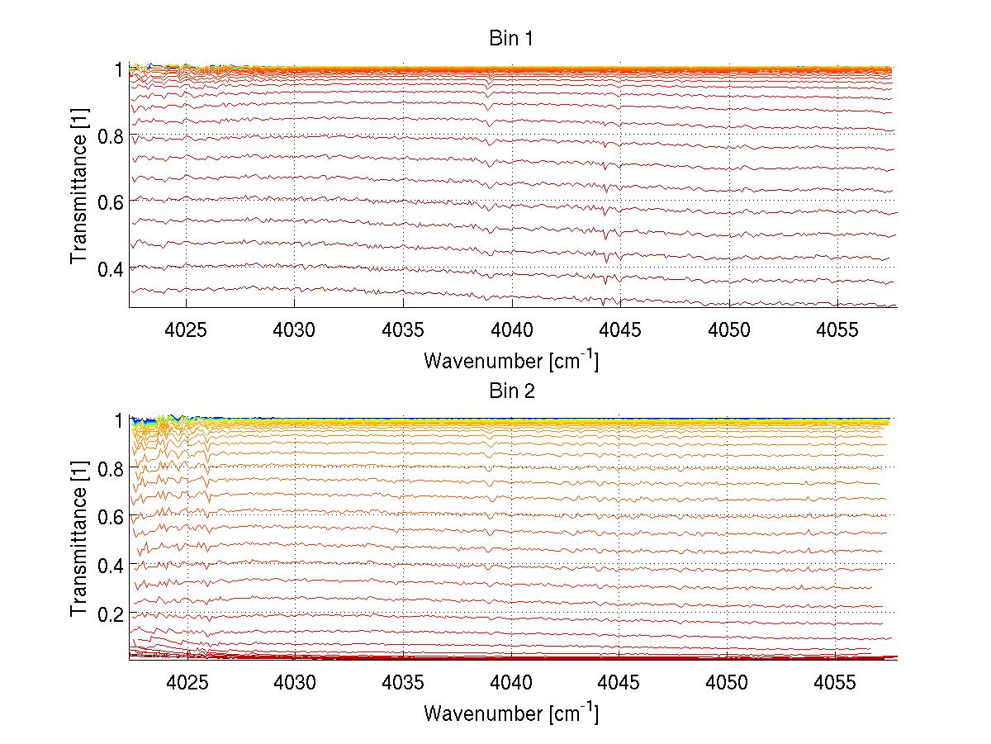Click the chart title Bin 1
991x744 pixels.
coord(511,38)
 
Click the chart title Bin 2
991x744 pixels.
coord(511,391)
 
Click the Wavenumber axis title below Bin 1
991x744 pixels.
coord(511,360)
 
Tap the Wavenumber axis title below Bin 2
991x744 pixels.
coord(511,713)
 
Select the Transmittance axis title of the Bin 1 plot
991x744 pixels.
coord(79,187)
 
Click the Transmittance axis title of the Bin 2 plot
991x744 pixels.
coord(79,539)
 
